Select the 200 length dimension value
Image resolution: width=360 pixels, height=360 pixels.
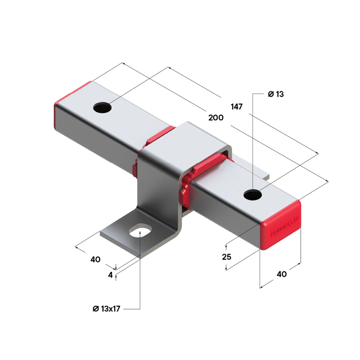pyautogui.click(x=217, y=118)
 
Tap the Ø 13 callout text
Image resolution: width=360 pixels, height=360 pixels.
pyautogui.click(x=275, y=94)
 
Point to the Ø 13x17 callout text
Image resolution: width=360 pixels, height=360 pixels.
pyautogui.click(x=107, y=308)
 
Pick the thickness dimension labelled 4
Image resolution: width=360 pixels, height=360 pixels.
pyautogui.click(x=111, y=274)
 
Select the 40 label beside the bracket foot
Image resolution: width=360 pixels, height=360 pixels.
pyautogui.click(x=95, y=259)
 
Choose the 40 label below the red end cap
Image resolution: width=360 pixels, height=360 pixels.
pyautogui.click(x=281, y=274)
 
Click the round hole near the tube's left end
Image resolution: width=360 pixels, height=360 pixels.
pyautogui.click(x=103, y=107)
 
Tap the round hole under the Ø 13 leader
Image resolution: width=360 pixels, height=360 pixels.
pyautogui.click(x=253, y=194)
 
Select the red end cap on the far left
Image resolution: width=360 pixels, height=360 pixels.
pyautogui.click(x=66, y=102)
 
